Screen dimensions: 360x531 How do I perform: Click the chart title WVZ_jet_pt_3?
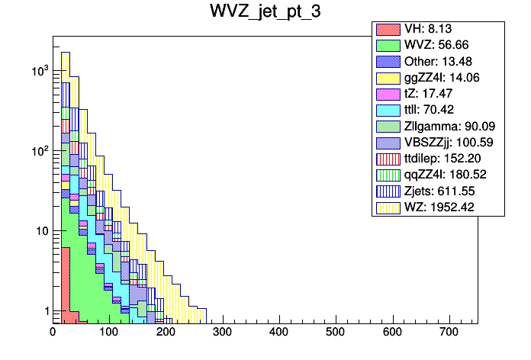pos(265,13)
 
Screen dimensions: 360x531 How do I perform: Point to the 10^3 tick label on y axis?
pos(38,70)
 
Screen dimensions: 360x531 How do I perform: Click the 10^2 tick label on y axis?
pos(38,150)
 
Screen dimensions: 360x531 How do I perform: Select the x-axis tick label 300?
pos(222,333)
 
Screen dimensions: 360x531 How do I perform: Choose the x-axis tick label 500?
pos(336,333)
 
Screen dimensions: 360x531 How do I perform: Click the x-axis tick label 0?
pos(53,333)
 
